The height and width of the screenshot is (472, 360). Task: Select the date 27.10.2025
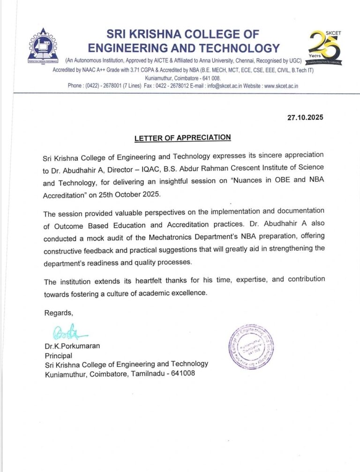click(305, 118)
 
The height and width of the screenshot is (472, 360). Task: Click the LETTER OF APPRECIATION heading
click(182, 138)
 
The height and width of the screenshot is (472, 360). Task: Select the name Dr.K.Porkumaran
click(72, 346)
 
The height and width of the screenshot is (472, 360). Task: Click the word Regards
click(59, 313)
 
